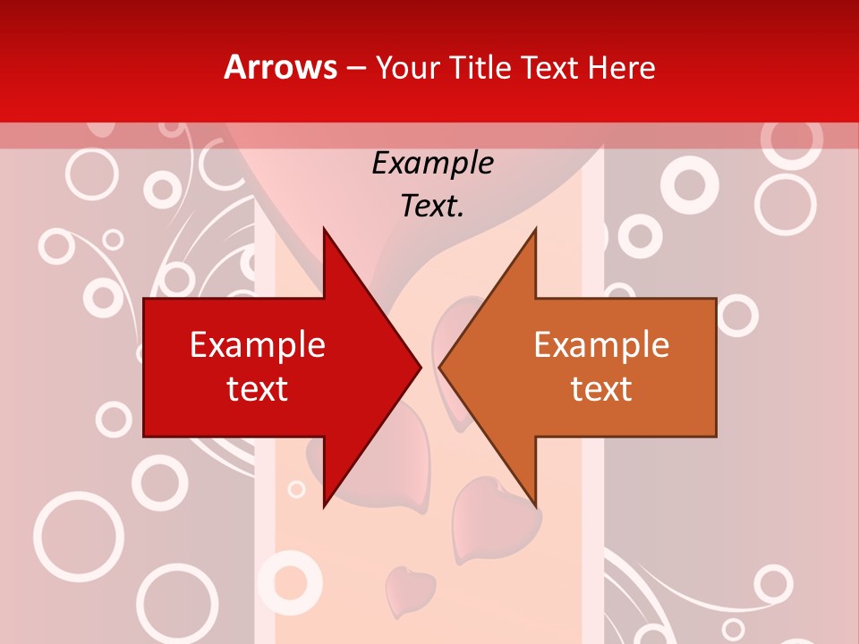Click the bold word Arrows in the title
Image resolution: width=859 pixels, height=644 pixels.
[x=280, y=67]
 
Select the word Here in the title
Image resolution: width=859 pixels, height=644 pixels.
[x=621, y=68]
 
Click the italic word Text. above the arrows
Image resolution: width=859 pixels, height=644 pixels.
[x=433, y=207]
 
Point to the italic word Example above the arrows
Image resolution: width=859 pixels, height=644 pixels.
[x=433, y=164]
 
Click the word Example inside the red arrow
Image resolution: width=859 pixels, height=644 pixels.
[x=258, y=345]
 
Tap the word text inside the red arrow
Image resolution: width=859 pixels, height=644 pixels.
[x=258, y=388]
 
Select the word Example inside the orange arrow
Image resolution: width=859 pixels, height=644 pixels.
[x=601, y=345]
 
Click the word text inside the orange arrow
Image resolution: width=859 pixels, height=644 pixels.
[x=601, y=388]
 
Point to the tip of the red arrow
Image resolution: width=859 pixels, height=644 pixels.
[x=421, y=367]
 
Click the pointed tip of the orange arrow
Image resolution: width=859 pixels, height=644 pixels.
[x=439, y=367]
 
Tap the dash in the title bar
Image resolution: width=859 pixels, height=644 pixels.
[x=355, y=68]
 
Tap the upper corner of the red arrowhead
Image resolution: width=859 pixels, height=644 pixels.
[x=324, y=229]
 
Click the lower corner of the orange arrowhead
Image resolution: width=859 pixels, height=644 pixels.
[x=535, y=505]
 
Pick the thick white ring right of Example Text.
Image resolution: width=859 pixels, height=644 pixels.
[x=689, y=184]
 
